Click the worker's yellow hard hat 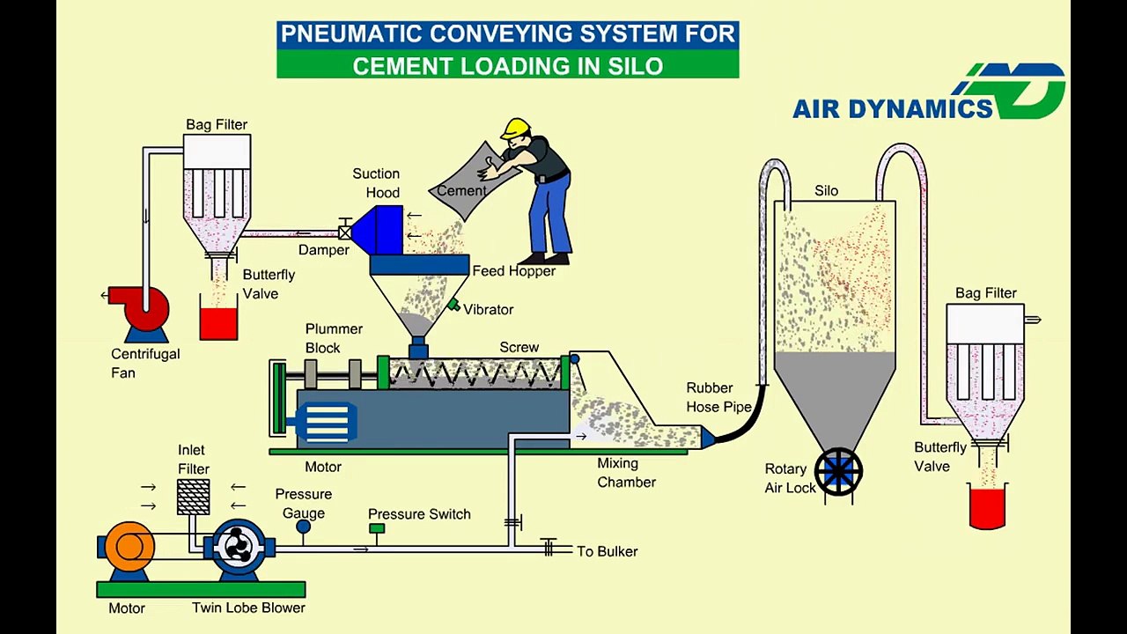point(516,128)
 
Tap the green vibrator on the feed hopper point(453,305)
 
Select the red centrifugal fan point(141,307)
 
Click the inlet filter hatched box point(193,497)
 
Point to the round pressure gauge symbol point(304,527)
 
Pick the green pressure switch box point(377,528)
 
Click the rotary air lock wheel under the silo point(838,472)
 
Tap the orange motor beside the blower point(129,546)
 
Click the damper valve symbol point(345,232)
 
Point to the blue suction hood point(378,230)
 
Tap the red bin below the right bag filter point(987,507)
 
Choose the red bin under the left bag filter point(218,322)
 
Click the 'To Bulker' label point(607,551)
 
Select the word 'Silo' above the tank point(826,191)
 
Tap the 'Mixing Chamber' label point(626,473)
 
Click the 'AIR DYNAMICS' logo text point(893,108)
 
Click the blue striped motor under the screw point(326,424)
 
